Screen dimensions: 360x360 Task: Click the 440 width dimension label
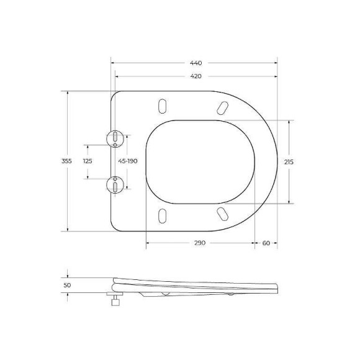pyautogui.click(x=196, y=63)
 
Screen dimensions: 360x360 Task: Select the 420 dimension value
pyautogui.click(x=196, y=76)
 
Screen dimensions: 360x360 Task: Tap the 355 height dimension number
pyautogui.click(x=67, y=161)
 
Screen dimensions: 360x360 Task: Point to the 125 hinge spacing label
pyautogui.click(x=87, y=161)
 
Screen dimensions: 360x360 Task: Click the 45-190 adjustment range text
pyautogui.click(x=128, y=161)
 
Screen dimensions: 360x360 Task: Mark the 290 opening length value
pyautogui.click(x=200, y=243)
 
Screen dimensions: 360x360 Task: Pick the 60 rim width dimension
pyautogui.click(x=266, y=243)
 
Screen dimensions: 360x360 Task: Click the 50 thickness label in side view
pyautogui.click(x=67, y=285)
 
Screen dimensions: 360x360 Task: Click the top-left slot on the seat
pyautogui.click(x=163, y=105)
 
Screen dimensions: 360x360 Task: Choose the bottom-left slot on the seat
pyautogui.click(x=163, y=215)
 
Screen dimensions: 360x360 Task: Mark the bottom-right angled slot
pyautogui.click(x=221, y=214)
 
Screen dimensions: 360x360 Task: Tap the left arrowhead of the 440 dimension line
pyautogui.click(x=113, y=63)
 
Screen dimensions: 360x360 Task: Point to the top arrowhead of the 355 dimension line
pyautogui.click(x=67, y=92)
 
